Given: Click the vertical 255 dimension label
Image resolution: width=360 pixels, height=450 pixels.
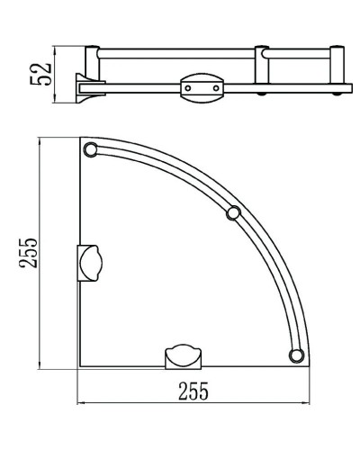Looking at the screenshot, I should pyautogui.click(x=29, y=255).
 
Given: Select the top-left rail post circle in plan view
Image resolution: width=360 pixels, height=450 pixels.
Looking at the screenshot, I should pyautogui.click(x=90, y=149).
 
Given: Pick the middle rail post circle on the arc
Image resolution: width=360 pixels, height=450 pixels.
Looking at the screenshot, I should pyautogui.click(x=233, y=213).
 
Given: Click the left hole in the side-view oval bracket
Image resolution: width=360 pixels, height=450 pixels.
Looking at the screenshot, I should pyautogui.click(x=187, y=88).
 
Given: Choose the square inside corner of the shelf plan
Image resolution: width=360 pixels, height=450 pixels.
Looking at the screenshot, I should pyautogui.click(x=81, y=366).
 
